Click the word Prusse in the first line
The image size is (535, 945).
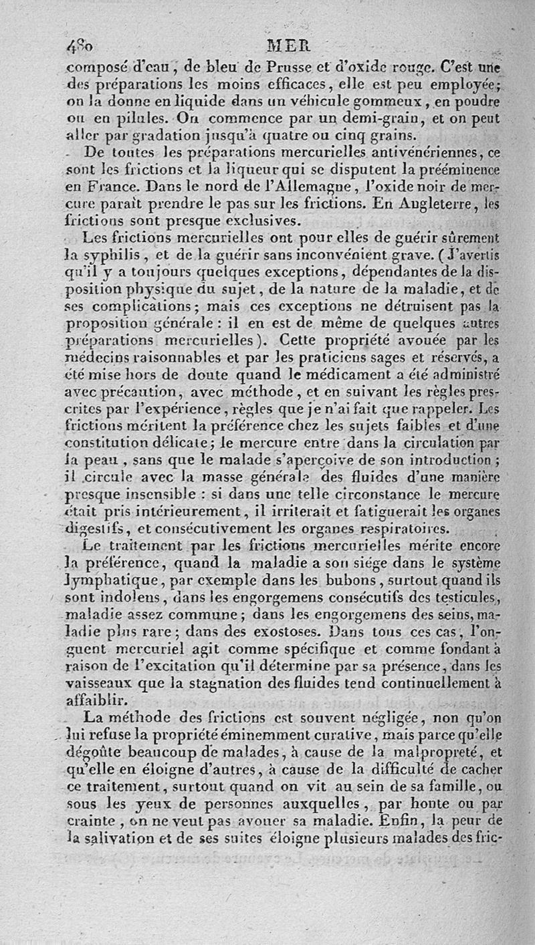272,68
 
